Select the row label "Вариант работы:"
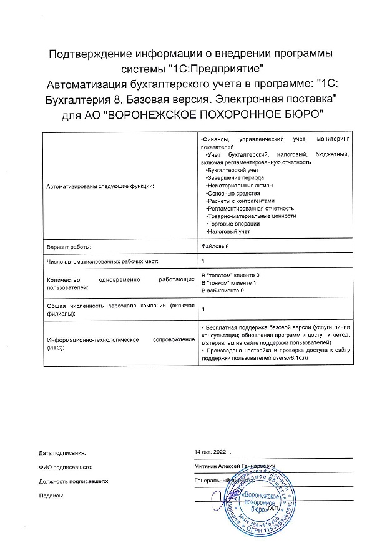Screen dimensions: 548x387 point(69,246)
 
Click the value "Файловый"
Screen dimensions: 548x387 point(215,246)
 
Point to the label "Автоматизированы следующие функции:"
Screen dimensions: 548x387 point(100,186)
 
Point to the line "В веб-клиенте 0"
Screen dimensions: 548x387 point(222,290)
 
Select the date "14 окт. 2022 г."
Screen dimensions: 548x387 point(213,451)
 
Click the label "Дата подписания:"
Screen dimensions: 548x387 point(62,452)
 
